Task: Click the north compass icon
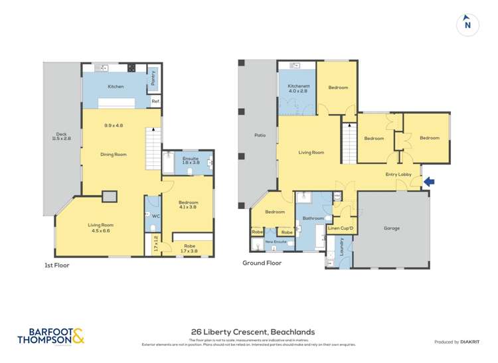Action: (x=468, y=25)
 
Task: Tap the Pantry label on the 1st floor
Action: (x=153, y=79)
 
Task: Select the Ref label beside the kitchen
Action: (x=155, y=102)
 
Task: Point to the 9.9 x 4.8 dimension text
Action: (x=114, y=125)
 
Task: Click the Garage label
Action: (x=392, y=228)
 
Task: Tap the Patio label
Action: (x=260, y=135)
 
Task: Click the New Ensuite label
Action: (x=277, y=242)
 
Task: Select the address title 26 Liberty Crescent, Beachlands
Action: (x=252, y=332)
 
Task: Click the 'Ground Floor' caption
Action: (x=263, y=263)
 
